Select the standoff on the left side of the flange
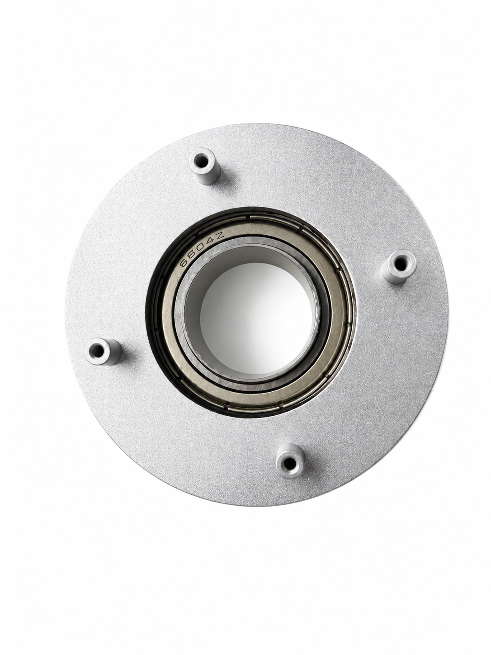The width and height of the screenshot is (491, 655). pyautogui.click(x=104, y=351)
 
